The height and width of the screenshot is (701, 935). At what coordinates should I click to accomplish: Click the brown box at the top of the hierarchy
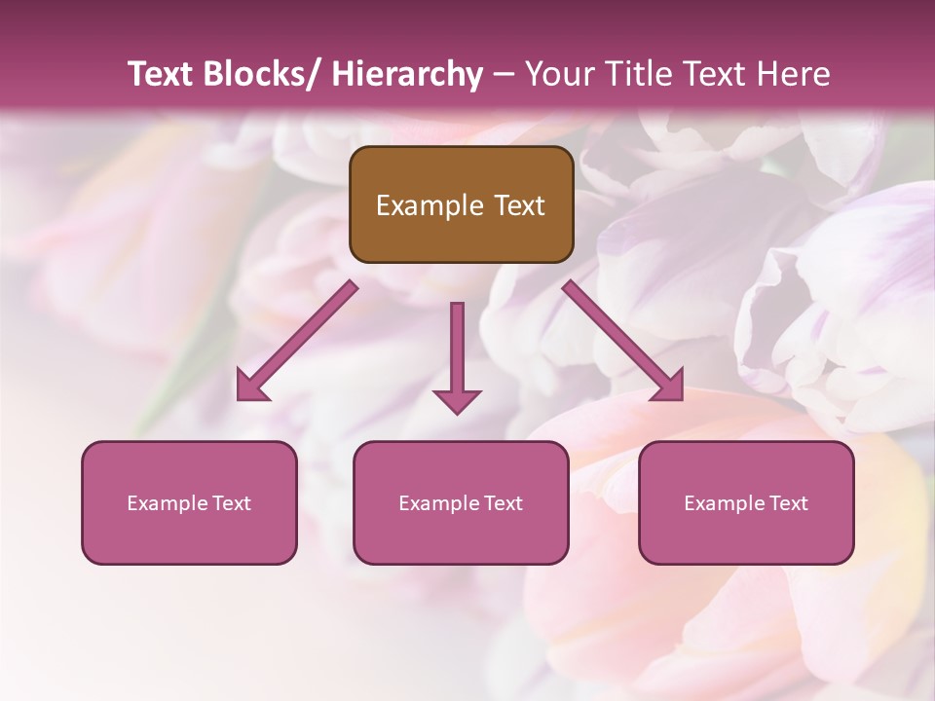tap(461, 204)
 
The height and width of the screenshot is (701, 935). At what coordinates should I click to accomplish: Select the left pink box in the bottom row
tap(189, 502)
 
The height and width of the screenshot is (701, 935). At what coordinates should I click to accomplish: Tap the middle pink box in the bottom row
tap(461, 502)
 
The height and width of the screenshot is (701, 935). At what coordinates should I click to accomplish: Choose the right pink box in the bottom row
tap(746, 502)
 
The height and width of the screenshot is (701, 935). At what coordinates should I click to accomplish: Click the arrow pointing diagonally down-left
tap(297, 342)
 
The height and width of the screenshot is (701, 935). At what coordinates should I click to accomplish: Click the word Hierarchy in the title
tap(407, 74)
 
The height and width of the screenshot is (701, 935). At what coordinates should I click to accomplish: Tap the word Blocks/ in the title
tap(259, 74)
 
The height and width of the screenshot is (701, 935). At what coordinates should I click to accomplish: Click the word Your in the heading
tap(558, 74)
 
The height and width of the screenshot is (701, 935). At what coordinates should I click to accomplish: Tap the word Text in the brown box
tap(518, 205)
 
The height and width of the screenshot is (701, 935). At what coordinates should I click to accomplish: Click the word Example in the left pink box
tap(167, 503)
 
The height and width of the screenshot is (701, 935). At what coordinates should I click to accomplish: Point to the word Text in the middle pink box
tap(500, 503)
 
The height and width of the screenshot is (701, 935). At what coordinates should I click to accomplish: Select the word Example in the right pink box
tap(724, 503)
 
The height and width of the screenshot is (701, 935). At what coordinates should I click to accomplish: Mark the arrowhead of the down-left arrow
tap(250, 388)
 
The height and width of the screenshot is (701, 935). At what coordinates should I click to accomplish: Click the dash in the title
tap(504, 74)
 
